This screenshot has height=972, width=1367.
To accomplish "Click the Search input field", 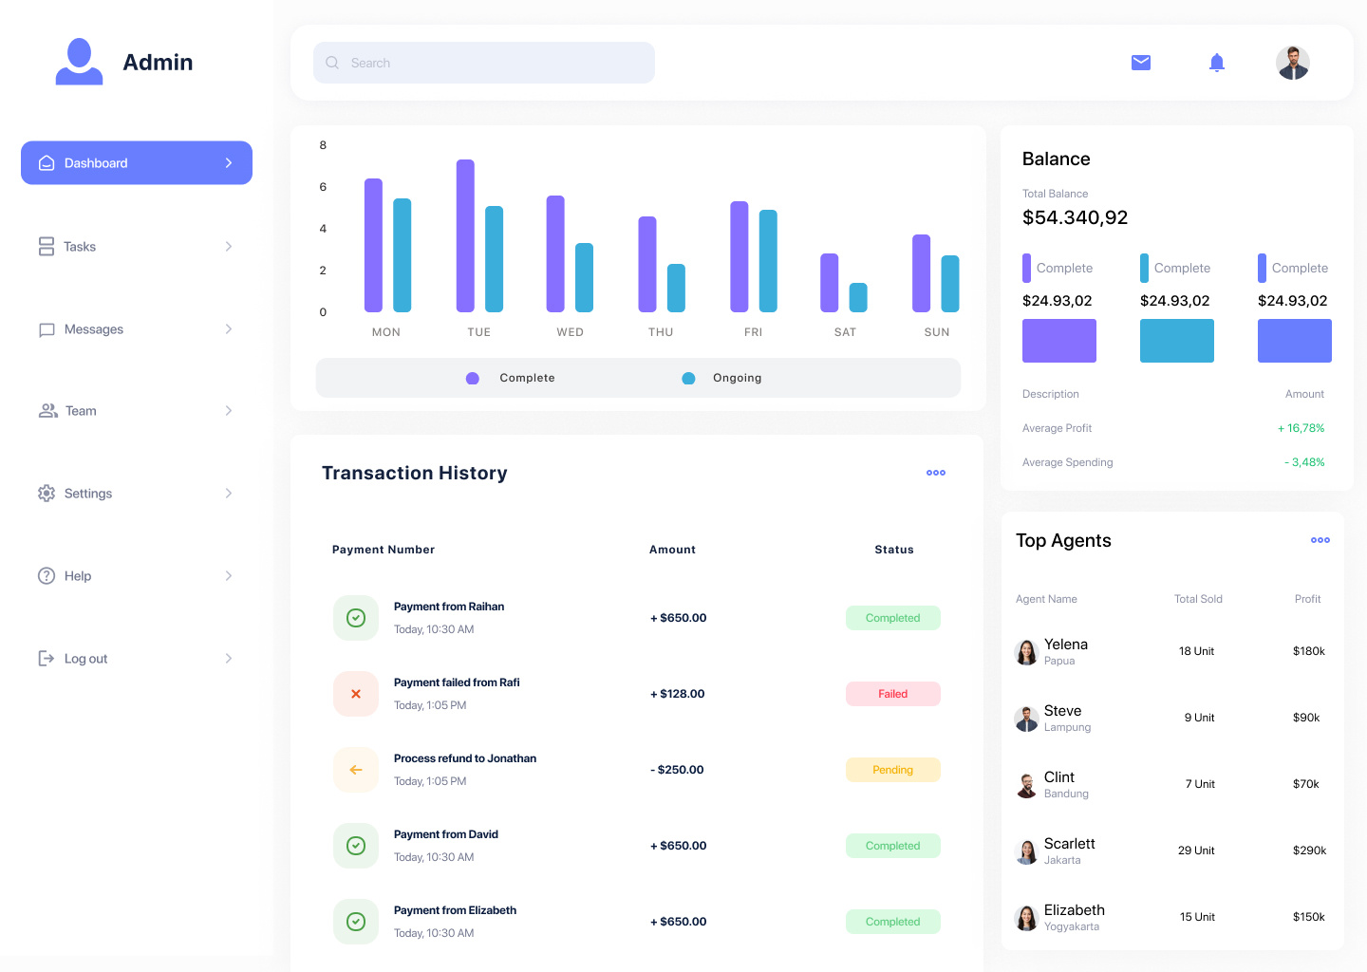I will (x=484, y=63).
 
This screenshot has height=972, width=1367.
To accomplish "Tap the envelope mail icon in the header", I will (x=1141, y=63).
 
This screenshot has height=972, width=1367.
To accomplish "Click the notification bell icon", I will (x=1217, y=63).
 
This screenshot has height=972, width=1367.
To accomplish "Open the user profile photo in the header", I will (x=1293, y=63).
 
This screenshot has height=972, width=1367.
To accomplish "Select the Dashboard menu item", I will (x=137, y=163).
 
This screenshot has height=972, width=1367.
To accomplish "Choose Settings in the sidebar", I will (x=88, y=494).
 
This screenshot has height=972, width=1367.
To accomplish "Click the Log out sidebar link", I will (x=85, y=659).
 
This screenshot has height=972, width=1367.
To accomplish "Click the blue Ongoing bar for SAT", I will (x=858, y=298).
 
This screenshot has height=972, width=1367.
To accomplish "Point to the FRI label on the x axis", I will (x=753, y=332).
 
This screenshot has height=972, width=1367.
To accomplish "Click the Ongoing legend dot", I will (x=688, y=378).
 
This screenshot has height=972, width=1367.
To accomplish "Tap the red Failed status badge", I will (x=892, y=694).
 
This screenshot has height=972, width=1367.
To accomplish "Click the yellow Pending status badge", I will (x=892, y=770).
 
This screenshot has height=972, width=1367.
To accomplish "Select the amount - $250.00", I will (x=677, y=770).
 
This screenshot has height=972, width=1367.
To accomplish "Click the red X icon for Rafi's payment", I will (x=356, y=694).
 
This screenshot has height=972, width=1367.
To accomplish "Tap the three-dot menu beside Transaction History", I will (x=936, y=473).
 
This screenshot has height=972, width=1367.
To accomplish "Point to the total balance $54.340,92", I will (x=1075, y=217).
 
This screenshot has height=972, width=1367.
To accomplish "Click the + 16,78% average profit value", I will (x=1301, y=428).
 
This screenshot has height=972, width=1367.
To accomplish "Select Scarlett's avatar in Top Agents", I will (x=1026, y=851).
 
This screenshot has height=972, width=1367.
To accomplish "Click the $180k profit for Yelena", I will (x=1308, y=651).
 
